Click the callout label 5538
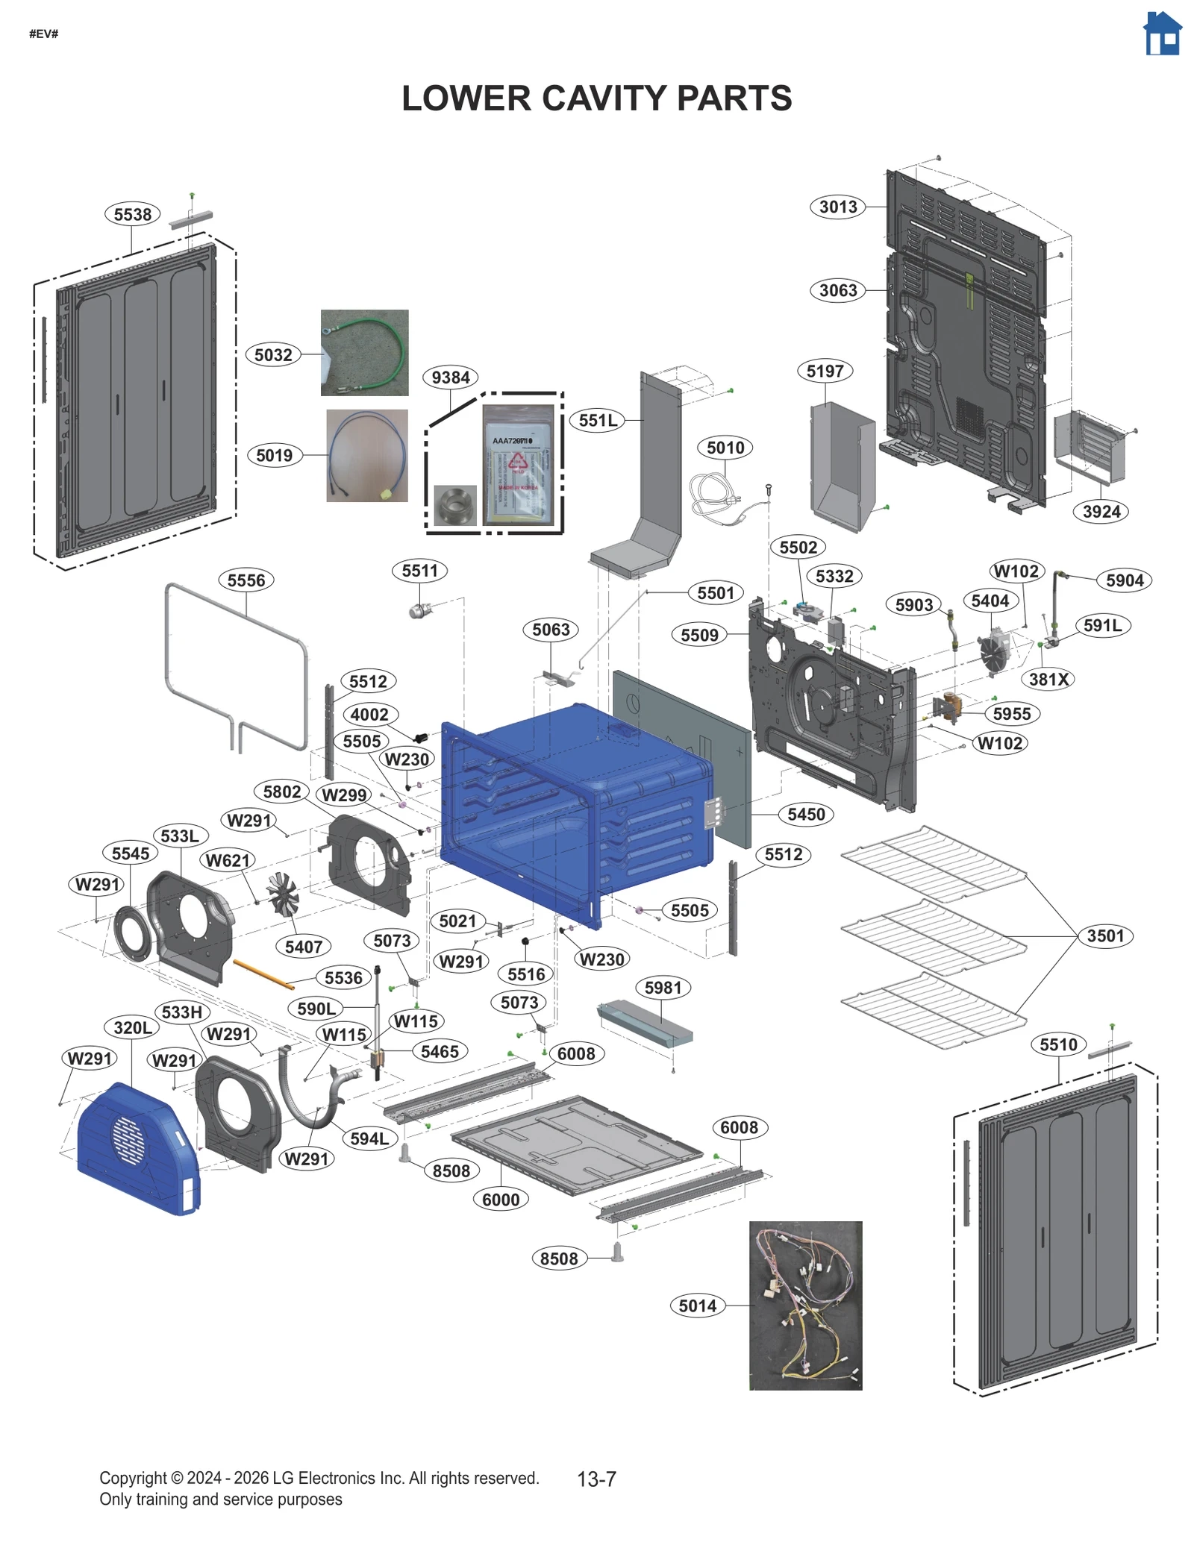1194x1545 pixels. pyautogui.click(x=132, y=214)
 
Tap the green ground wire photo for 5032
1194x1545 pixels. pyautogui.click(x=364, y=352)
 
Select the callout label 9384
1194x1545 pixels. pyautogui.click(x=450, y=377)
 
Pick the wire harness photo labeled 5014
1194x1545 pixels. pyautogui.click(x=804, y=1305)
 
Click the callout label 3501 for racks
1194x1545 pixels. pyautogui.click(x=1104, y=936)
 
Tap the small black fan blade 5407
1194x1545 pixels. pyautogui.click(x=283, y=893)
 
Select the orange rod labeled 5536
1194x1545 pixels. pyautogui.click(x=263, y=974)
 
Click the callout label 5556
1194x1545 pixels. pyautogui.click(x=246, y=580)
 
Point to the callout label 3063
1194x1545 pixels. pyautogui.click(x=837, y=290)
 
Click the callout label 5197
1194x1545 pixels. pyautogui.click(x=824, y=371)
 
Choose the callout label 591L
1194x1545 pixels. pyautogui.click(x=1101, y=625)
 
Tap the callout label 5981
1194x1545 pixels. pyautogui.click(x=663, y=988)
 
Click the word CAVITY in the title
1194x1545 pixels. pyautogui.click(x=597, y=98)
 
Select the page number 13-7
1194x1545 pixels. pyautogui.click(x=596, y=1479)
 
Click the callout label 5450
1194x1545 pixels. pyautogui.click(x=806, y=814)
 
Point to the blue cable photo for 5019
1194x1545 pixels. pyautogui.click(x=366, y=455)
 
